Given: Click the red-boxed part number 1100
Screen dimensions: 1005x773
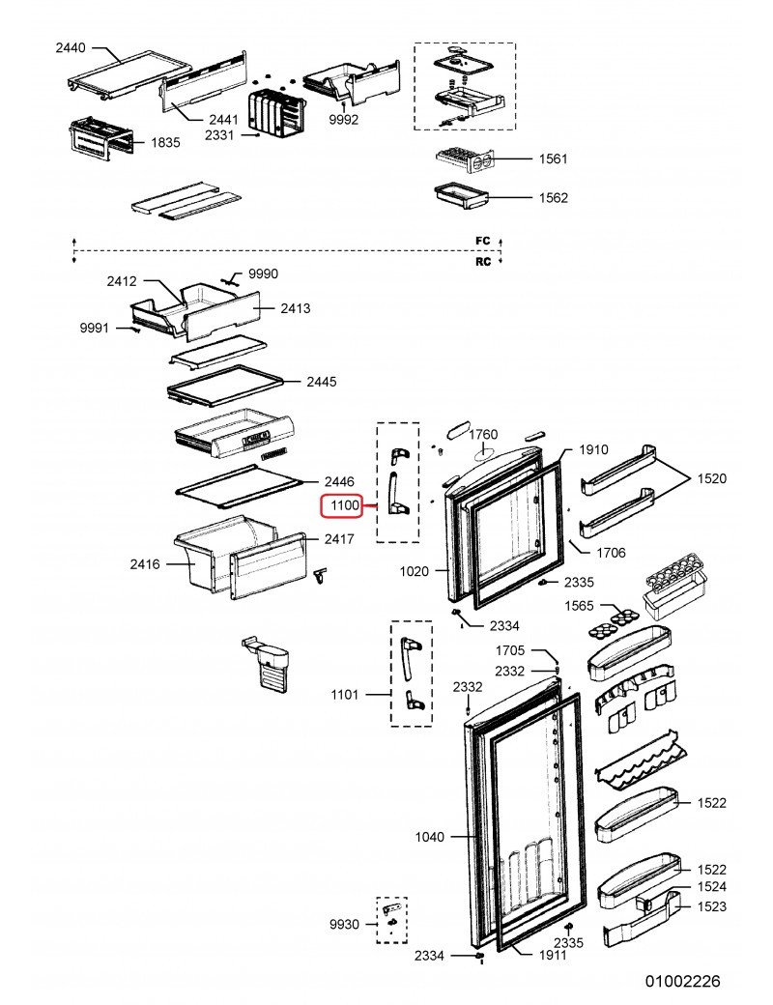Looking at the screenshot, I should [345, 505].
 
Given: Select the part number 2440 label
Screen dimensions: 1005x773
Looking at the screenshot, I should [72, 46].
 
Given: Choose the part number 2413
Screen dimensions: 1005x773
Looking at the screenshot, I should [295, 309].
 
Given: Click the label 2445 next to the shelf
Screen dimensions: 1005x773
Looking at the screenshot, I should [322, 383].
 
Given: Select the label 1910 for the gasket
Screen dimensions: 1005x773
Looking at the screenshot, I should [593, 450].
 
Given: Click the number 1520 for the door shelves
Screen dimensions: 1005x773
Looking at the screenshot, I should [711, 478].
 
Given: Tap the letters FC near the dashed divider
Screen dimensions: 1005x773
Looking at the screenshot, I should [482, 240].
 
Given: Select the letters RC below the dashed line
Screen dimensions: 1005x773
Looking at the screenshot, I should [482, 261].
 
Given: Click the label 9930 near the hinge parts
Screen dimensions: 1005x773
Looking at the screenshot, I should [345, 925].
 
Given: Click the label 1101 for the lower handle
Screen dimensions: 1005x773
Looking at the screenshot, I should [345, 695].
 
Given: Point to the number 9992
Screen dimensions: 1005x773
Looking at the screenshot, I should [343, 120].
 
